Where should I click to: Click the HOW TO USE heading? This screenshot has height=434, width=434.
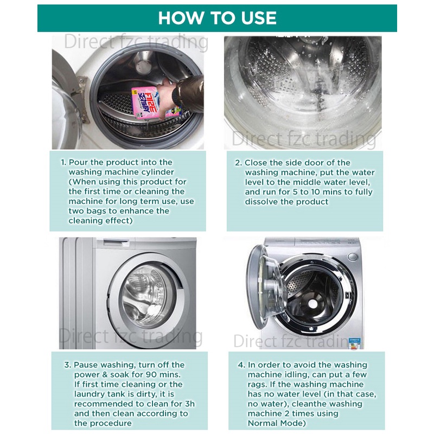point(218,18)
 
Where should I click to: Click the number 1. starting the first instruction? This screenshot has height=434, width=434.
point(63,162)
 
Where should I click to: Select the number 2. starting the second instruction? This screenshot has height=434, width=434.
point(239,163)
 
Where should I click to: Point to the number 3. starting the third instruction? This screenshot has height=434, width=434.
point(68,365)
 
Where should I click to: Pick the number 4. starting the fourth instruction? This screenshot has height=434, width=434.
point(241,365)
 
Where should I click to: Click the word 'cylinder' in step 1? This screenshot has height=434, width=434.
point(157,173)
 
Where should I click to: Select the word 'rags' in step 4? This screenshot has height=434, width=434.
point(255,385)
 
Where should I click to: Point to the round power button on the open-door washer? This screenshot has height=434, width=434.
point(352,257)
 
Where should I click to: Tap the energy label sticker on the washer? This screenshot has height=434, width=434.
point(356,343)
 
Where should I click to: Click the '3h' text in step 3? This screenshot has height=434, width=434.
point(189,404)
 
